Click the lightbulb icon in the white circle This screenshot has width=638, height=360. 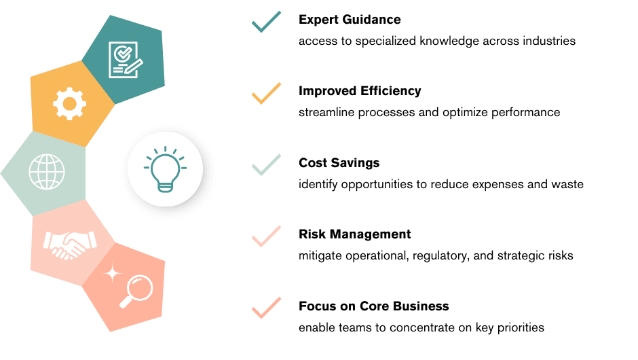click(165, 168)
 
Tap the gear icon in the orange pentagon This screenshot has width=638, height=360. click(70, 104)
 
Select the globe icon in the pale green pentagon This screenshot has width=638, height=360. click(47, 172)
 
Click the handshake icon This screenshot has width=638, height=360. click(70, 245)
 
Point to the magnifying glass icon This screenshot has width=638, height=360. click(136, 291)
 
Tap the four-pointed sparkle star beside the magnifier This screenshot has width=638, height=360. click(113, 273)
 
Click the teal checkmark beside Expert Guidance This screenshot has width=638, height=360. click(267, 22)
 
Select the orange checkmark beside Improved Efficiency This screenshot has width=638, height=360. click(267, 93)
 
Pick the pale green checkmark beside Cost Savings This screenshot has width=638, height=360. click(267, 165)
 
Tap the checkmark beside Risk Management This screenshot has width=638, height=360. click(267, 236)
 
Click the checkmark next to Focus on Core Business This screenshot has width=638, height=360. click(267, 308)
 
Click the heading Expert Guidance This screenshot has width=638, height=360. click(350, 20)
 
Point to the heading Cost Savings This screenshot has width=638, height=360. click(339, 163)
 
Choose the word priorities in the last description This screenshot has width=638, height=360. click(521, 328)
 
